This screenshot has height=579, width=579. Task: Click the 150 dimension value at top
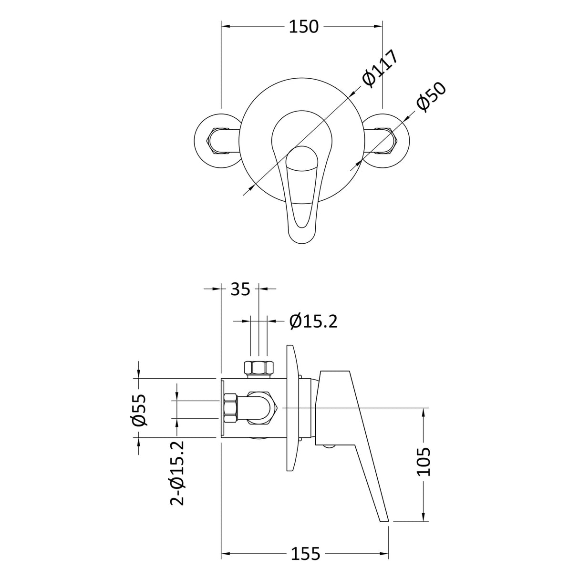click(x=304, y=27)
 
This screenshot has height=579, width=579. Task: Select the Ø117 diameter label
click(x=380, y=68)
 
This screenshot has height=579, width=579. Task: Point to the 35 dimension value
click(x=240, y=289)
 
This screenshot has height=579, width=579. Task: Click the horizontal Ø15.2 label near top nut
click(x=313, y=321)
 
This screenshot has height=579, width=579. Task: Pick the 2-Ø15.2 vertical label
click(x=177, y=472)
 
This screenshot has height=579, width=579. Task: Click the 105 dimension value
click(x=424, y=461)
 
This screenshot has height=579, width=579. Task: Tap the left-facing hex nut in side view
click(x=230, y=408)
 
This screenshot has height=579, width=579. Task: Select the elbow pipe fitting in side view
click(x=262, y=408)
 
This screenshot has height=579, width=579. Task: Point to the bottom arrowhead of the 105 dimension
click(x=424, y=518)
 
